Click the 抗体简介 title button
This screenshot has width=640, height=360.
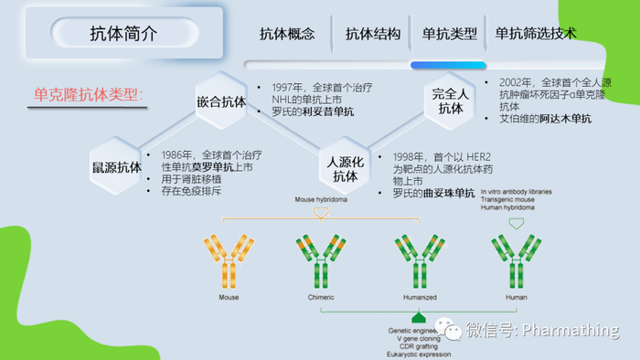pyautogui.click(x=123, y=34)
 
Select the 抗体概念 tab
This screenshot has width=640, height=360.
pyautogui.click(x=287, y=34)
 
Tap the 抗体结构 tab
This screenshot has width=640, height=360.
pyautogui.click(x=373, y=34)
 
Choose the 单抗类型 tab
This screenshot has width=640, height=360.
pyautogui.click(x=448, y=34)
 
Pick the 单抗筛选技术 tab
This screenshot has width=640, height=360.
pyautogui.click(x=536, y=34)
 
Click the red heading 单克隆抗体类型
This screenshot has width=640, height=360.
pyautogui.click(x=89, y=94)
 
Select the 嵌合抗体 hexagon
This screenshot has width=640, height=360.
pyautogui.click(x=221, y=101)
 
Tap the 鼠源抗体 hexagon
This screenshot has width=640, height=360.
pyautogui.click(x=116, y=166)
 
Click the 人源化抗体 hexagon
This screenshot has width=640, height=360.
pyautogui.click(x=345, y=168)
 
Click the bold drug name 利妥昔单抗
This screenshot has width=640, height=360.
pyautogui.click(x=327, y=112)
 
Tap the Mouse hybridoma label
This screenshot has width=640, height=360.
pyautogui.click(x=320, y=199)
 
